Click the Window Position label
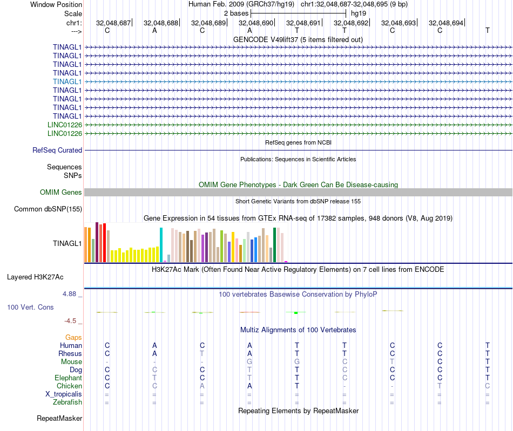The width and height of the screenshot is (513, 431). click(56, 4)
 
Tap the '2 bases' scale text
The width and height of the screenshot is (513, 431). click(236, 13)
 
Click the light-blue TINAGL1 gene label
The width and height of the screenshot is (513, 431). click(67, 81)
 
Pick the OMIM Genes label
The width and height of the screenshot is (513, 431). click(61, 193)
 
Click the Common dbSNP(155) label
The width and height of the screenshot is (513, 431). click(48, 209)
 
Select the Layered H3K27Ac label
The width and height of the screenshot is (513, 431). click(35, 277)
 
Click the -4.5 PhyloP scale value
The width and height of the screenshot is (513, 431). click(70, 321)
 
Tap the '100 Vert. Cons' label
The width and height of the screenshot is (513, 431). click(30, 307)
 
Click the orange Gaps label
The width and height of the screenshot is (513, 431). click(73, 337)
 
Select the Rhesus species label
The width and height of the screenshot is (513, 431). click(70, 353)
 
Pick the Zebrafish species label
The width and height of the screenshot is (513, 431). click(67, 402)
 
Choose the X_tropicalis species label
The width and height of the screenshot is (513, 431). click(64, 394)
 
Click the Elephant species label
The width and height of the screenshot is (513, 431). click(68, 378)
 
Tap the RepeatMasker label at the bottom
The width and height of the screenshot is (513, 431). click(59, 418)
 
